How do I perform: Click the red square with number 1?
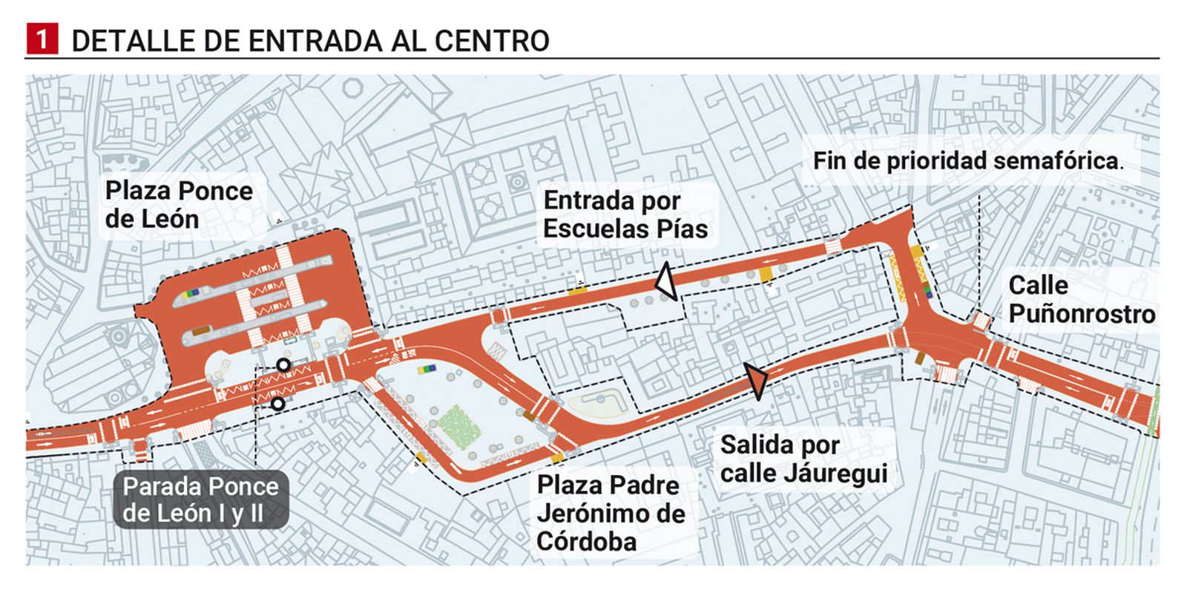point(42,39)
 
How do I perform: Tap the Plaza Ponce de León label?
point(179,205)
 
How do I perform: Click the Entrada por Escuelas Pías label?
point(625,214)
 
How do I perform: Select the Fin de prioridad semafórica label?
point(967,161)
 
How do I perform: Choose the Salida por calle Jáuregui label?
point(803,459)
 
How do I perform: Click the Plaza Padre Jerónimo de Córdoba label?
point(611,514)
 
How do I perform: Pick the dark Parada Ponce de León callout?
point(200,500)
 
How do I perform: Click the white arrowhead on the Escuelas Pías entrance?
point(666,281)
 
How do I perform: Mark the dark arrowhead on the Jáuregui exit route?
point(757,381)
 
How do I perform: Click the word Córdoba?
point(586,542)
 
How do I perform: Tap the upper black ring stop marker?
point(283,364)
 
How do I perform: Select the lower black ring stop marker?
point(277,404)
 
